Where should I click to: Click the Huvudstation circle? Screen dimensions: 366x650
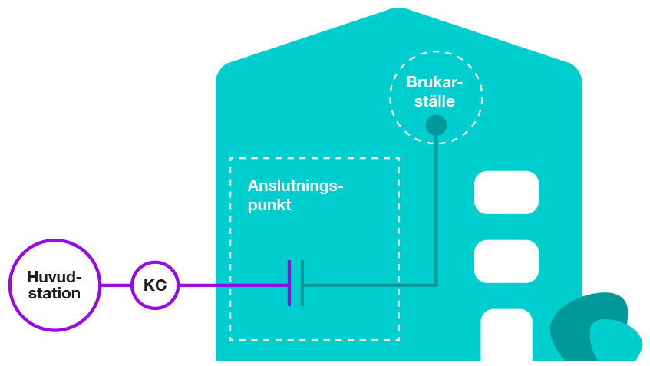54,285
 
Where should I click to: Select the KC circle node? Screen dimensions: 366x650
155,285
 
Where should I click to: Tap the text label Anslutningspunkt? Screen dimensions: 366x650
295,196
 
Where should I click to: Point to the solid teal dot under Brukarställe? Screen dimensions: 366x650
436,125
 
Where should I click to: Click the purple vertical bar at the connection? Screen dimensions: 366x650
289,283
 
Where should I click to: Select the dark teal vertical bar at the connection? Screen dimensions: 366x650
302,283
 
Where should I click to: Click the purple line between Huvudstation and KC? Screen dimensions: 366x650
116,285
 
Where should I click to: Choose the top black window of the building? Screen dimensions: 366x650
506,192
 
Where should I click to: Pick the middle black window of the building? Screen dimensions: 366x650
506,261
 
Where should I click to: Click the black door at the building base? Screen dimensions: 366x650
506,335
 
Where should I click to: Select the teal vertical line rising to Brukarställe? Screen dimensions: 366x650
436,207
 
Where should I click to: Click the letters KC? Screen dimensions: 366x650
155,285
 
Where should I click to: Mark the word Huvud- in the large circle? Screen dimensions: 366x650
54,277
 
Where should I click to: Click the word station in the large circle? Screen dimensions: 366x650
54,294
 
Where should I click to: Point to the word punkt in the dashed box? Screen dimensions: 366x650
269,206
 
